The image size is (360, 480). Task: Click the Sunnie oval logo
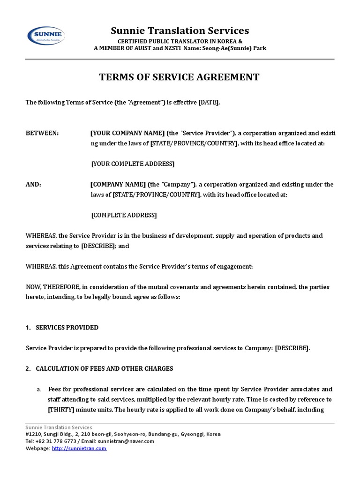(46, 36)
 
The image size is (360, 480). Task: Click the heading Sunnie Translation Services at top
(180, 31)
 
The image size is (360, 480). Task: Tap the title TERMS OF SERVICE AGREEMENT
(179, 77)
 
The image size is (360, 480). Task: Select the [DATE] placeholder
(209, 103)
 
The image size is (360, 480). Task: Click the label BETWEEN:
(42, 133)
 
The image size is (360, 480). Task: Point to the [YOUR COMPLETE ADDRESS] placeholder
(132, 164)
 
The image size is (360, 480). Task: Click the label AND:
(33, 185)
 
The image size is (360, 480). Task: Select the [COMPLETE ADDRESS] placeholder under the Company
(124, 215)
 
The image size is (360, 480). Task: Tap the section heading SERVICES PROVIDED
(67, 328)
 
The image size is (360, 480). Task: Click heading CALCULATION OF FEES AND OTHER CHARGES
(104, 368)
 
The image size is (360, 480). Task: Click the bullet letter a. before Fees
(39, 390)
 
